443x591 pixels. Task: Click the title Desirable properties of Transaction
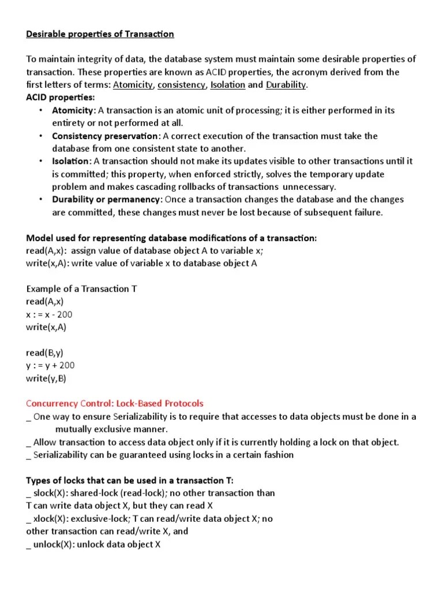click(x=100, y=34)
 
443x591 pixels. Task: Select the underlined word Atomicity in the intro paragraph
click(x=133, y=85)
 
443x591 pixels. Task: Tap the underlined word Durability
click(x=286, y=85)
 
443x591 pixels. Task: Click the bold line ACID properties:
click(x=61, y=98)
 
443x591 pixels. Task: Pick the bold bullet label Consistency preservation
click(x=106, y=136)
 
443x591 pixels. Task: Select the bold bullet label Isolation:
click(x=72, y=161)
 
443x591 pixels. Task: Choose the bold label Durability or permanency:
click(x=107, y=199)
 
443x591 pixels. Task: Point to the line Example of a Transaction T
click(x=81, y=289)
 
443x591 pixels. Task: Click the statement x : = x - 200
click(x=50, y=315)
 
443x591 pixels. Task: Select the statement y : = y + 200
click(x=50, y=365)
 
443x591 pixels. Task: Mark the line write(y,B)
click(x=46, y=378)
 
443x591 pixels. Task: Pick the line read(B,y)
click(x=45, y=353)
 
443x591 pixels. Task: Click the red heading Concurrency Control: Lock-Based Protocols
click(x=115, y=403)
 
